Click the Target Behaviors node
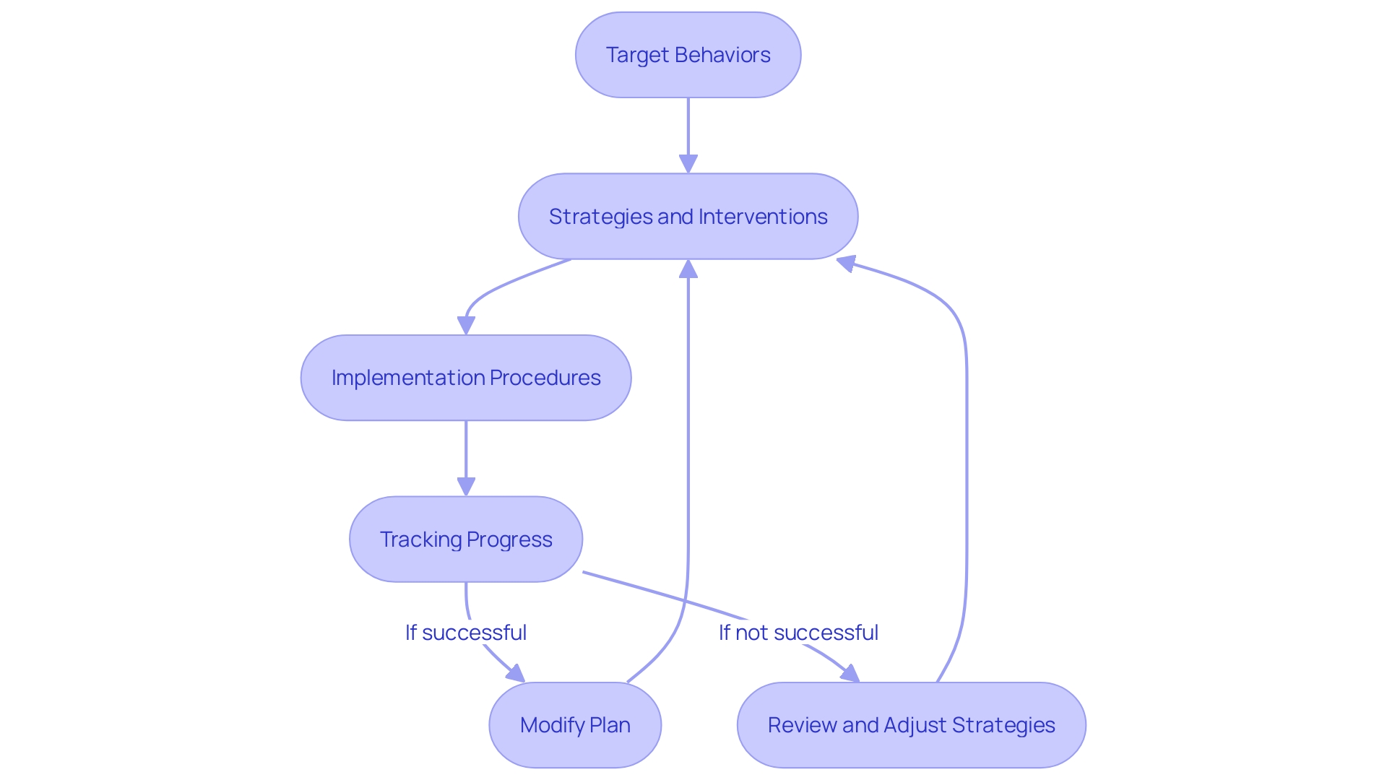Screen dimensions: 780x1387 click(x=688, y=55)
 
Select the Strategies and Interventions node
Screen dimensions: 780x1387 click(x=688, y=216)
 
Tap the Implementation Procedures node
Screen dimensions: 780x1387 click(x=466, y=378)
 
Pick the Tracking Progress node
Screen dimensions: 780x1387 click(x=466, y=539)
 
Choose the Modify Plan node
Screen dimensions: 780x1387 click(x=575, y=724)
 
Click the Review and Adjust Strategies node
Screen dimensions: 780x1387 click(x=911, y=724)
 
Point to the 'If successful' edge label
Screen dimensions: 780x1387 click(x=466, y=633)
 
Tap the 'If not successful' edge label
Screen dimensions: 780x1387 click(x=798, y=633)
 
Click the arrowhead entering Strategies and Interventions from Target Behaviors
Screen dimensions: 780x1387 click(x=688, y=164)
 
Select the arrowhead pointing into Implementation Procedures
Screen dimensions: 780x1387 click(x=467, y=326)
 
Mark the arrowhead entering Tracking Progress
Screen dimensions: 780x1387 click(x=466, y=487)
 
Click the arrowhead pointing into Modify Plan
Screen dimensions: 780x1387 click(x=516, y=675)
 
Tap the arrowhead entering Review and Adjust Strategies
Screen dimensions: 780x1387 click(x=850, y=675)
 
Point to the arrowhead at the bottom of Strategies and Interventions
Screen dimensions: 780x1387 click(x=688, y=269)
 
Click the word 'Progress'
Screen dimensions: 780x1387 click(x=509, y=539)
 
